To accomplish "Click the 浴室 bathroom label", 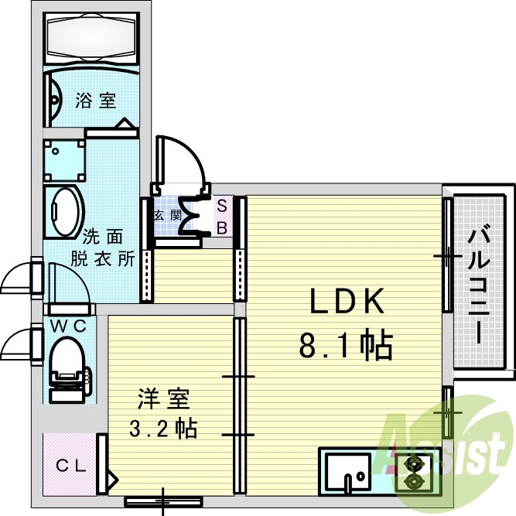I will pos(96,100).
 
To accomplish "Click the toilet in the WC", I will pos(67,367).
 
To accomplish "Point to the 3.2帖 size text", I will pos(162,427).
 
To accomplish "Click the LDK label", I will pos(347,302).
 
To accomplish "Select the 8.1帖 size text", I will pos(347,345).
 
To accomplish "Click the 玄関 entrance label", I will pos(166,215).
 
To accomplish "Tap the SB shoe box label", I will pos(221,217).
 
